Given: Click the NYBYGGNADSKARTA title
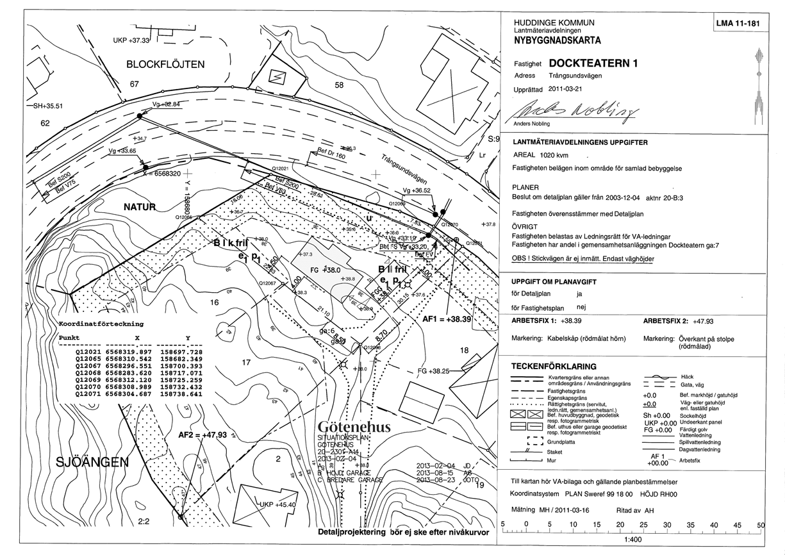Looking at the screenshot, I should pos(558,40).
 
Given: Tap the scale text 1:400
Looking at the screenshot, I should pos(631,539).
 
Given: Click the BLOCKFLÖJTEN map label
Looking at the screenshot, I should pos(165,64).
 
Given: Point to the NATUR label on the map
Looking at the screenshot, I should pos(140,206).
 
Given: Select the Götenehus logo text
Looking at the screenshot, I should pos(353,427).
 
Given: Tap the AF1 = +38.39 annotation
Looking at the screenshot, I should pos(447,319).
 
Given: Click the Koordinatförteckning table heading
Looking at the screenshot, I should pos(101,324).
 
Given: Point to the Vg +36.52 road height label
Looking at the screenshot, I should pos(417,190).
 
